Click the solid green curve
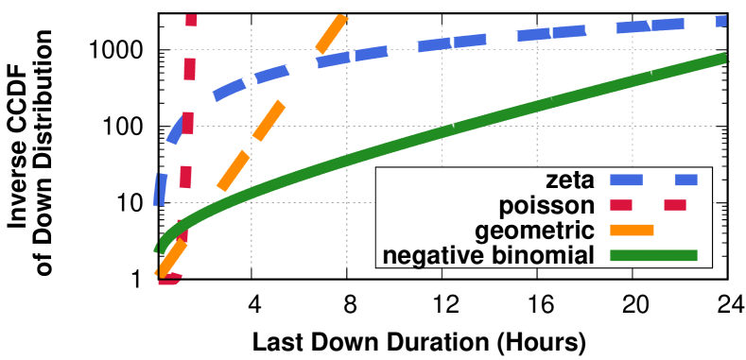pyautogui.click(x=425, y=136)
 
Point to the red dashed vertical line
pyautogui.click(x=188, y=123)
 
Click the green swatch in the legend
pyautogui.click(x=653, y=255)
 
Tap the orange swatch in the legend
pyautogui.click(x=632, y=230)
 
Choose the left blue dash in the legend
pyautogui.click(x=626, y=180)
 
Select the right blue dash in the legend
pyautogui.click(x=685, y=180)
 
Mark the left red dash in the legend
pyautogui.click(x=620, y=205)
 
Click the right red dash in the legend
pyautogui.click(x=674, y=205)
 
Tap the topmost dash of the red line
pyautogui.click(x=191, y=20)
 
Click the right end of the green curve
pyautogui.click(x=722, y=59)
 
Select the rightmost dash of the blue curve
pyautogui.click(x=720, y=21)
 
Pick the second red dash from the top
pyautogui.click(x=190, y=69)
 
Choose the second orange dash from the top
pyautogui.click(x=269, y=120)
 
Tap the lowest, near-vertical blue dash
pyautogui.click(x=161, y=189)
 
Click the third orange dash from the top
pyautogui.click(x=234, y=170)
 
